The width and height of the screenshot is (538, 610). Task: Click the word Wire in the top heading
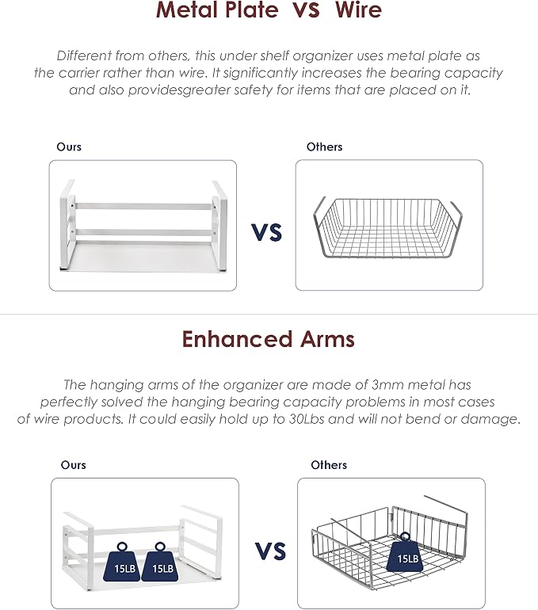coord(358,10)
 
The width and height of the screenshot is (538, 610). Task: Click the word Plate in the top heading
coord(252,10)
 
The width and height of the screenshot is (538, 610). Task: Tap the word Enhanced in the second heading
coord(237,339)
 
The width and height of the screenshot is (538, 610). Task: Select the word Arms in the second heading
coord(327,339)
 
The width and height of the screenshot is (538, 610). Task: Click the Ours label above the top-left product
coord(69,147)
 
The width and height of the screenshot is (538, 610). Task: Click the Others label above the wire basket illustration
coord(324,147)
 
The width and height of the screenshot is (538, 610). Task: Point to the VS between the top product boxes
coord(266,232)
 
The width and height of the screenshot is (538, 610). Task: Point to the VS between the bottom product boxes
coord(271,551)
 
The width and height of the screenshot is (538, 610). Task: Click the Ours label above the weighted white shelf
coord(73,465)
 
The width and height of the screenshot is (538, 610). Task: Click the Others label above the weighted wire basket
coord(329,465)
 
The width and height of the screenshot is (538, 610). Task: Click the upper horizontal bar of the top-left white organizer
coord(143,206)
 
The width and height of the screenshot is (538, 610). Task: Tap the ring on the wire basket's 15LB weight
coord(405,537)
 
